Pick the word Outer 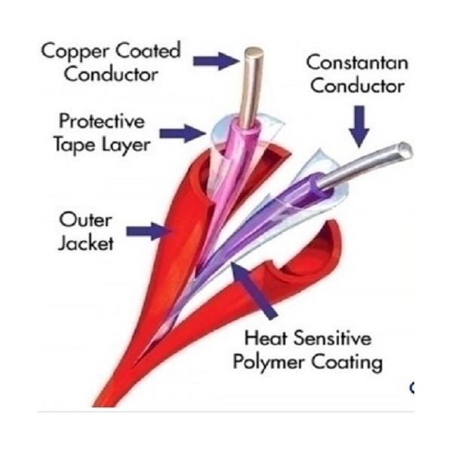click(86, 220)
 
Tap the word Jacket click(87, 243)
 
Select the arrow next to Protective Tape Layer click(189, 134)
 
